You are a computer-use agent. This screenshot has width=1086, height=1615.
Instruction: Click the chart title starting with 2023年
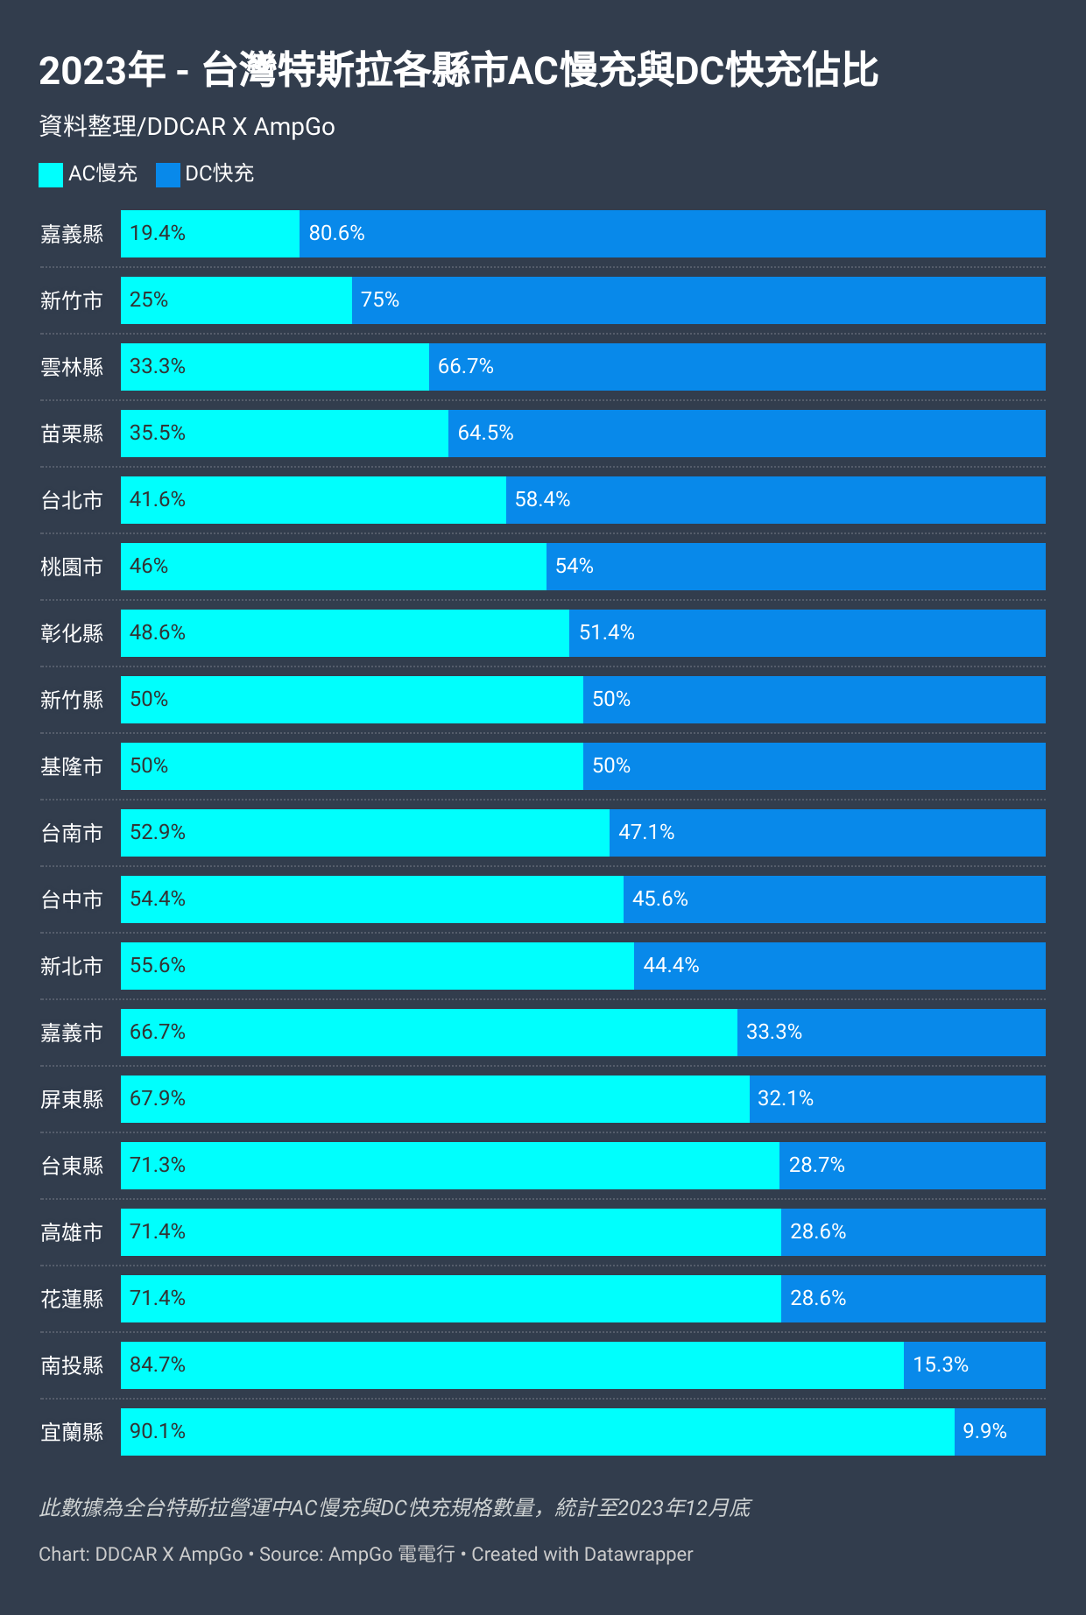tap(458, 71)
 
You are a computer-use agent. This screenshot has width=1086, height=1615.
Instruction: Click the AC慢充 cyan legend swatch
tap(51, 174)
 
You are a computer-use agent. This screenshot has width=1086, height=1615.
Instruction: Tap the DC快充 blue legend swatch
tap(167, 174)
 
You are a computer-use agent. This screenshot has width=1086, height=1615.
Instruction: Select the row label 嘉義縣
tap(72, 234)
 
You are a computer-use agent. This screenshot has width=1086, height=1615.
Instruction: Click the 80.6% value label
tap(336, 233)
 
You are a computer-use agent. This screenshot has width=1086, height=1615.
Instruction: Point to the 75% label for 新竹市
tap(380, 300)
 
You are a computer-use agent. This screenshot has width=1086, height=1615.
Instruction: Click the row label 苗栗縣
tap(72, 434)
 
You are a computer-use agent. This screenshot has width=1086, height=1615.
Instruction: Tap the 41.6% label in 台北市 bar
tap(158, 499)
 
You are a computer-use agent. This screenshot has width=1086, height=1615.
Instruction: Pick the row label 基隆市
tap(72, 766)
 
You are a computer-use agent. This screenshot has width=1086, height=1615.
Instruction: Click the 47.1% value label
tap(646, 832)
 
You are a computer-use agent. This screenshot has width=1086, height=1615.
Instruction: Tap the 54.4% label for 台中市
tap(158, 899)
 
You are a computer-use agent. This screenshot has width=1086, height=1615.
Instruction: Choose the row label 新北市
tap(72, 966)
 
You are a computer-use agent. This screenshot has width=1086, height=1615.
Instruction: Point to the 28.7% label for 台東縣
tap(816, 1165)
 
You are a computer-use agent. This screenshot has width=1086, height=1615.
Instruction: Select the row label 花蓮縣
tap(72, 1299)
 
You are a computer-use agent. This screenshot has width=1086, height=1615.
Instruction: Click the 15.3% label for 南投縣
tap(941, 1365)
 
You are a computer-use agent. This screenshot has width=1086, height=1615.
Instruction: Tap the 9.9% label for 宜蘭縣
tap(984, 1431)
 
